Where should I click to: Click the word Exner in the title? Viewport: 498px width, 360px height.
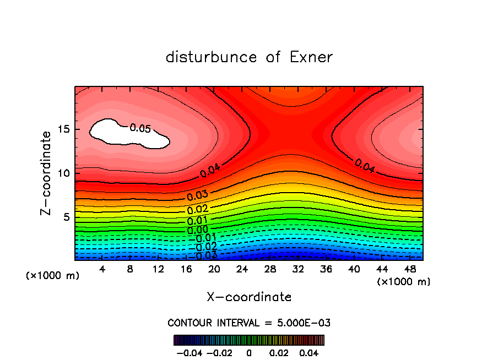click(311, 57)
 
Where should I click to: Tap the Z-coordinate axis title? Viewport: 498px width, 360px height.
click(47, 173)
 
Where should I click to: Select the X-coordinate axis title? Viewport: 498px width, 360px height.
click(249, 297)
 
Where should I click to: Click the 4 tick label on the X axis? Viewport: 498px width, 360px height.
click(102, 269)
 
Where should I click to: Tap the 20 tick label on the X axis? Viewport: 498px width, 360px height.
click(214, 269)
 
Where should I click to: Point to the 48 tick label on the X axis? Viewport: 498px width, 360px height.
click(410, 269)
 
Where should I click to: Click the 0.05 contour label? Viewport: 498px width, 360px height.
click(140, 129)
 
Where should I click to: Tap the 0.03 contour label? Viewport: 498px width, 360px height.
click(197, 197)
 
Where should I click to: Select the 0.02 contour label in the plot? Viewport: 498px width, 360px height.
click(197, 209)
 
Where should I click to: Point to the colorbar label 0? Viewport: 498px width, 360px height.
click(249, 352)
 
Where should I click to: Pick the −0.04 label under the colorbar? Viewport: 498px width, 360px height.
click(189, 352)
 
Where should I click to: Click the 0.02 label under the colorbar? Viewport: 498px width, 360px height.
click(279, 352)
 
